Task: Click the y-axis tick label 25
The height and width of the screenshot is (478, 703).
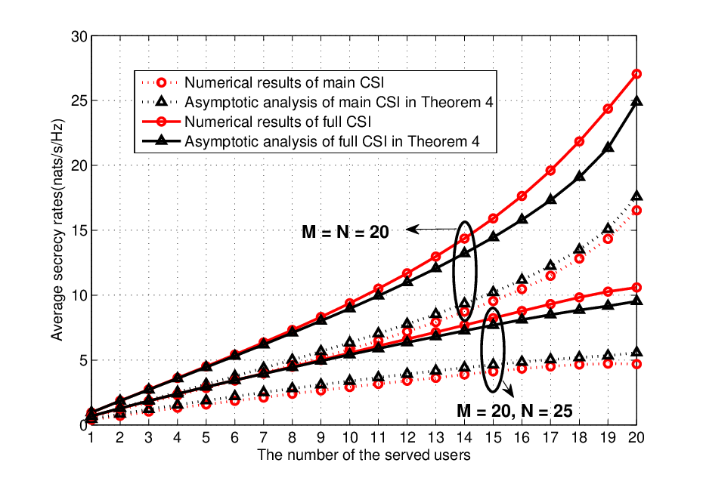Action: click(x=79, y=100)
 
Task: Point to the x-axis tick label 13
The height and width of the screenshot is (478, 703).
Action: click(x=435, y=438)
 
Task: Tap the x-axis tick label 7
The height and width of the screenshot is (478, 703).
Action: click(x=263, y=438)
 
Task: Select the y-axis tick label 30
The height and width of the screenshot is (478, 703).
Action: click(x=79, y=36)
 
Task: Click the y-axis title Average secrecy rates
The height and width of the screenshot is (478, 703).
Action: click(x=57, y=230)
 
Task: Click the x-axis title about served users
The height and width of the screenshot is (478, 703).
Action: click(x=364, y=455)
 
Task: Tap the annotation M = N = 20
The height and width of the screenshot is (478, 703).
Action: click(x=345, y=232)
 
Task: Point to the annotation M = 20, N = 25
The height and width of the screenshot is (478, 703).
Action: click(x=515, y=411)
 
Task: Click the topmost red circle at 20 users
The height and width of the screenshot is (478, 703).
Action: click(x=636, y=74)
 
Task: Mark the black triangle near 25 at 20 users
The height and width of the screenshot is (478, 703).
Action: click(x=636, y=100)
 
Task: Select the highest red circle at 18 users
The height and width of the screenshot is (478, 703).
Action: click(x=579, y=141)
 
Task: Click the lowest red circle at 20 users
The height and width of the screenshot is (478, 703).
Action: click(x=636, y=364)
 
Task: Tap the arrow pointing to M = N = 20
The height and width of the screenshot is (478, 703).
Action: click(x=432, y=230)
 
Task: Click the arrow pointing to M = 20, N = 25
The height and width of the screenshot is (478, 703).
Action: click(x=507, y=388)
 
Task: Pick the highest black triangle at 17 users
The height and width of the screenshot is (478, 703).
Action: click(x=550, y=200)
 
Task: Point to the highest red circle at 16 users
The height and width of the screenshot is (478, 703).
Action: click(x=522, y=196)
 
